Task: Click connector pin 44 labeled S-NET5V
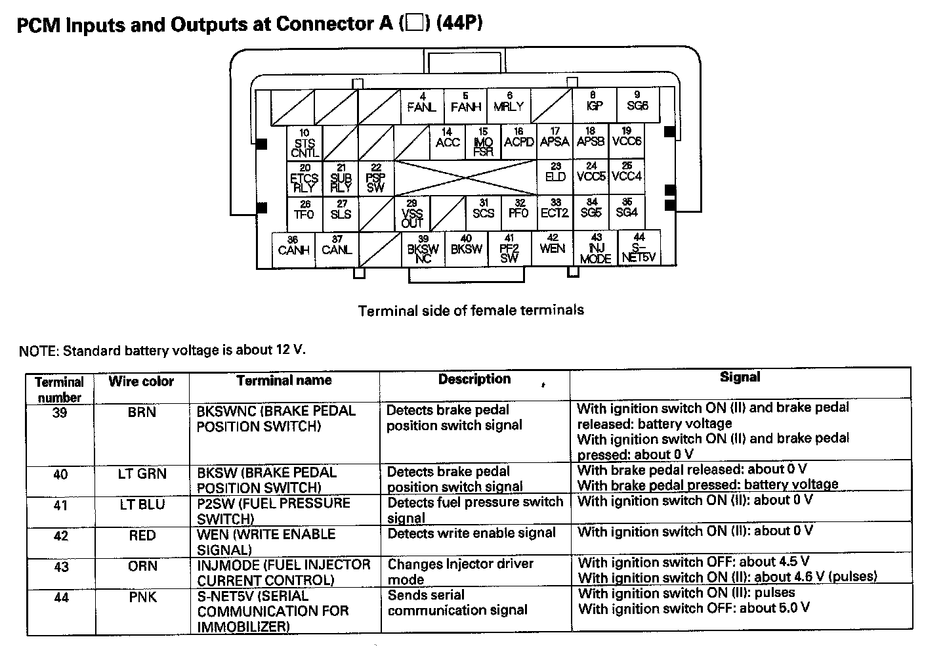(639, 248)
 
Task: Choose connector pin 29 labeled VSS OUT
(412, 214)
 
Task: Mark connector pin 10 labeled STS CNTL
(304, 143)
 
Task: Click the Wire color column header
(141, 382)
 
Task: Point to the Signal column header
(740, 377)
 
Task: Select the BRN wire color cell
(142, 412)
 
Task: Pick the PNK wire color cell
(142, 598)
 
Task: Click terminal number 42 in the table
(60, 536)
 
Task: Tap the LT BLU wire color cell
(142, 504)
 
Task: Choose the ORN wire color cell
(142, 566)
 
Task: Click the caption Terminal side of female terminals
(471, 310)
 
